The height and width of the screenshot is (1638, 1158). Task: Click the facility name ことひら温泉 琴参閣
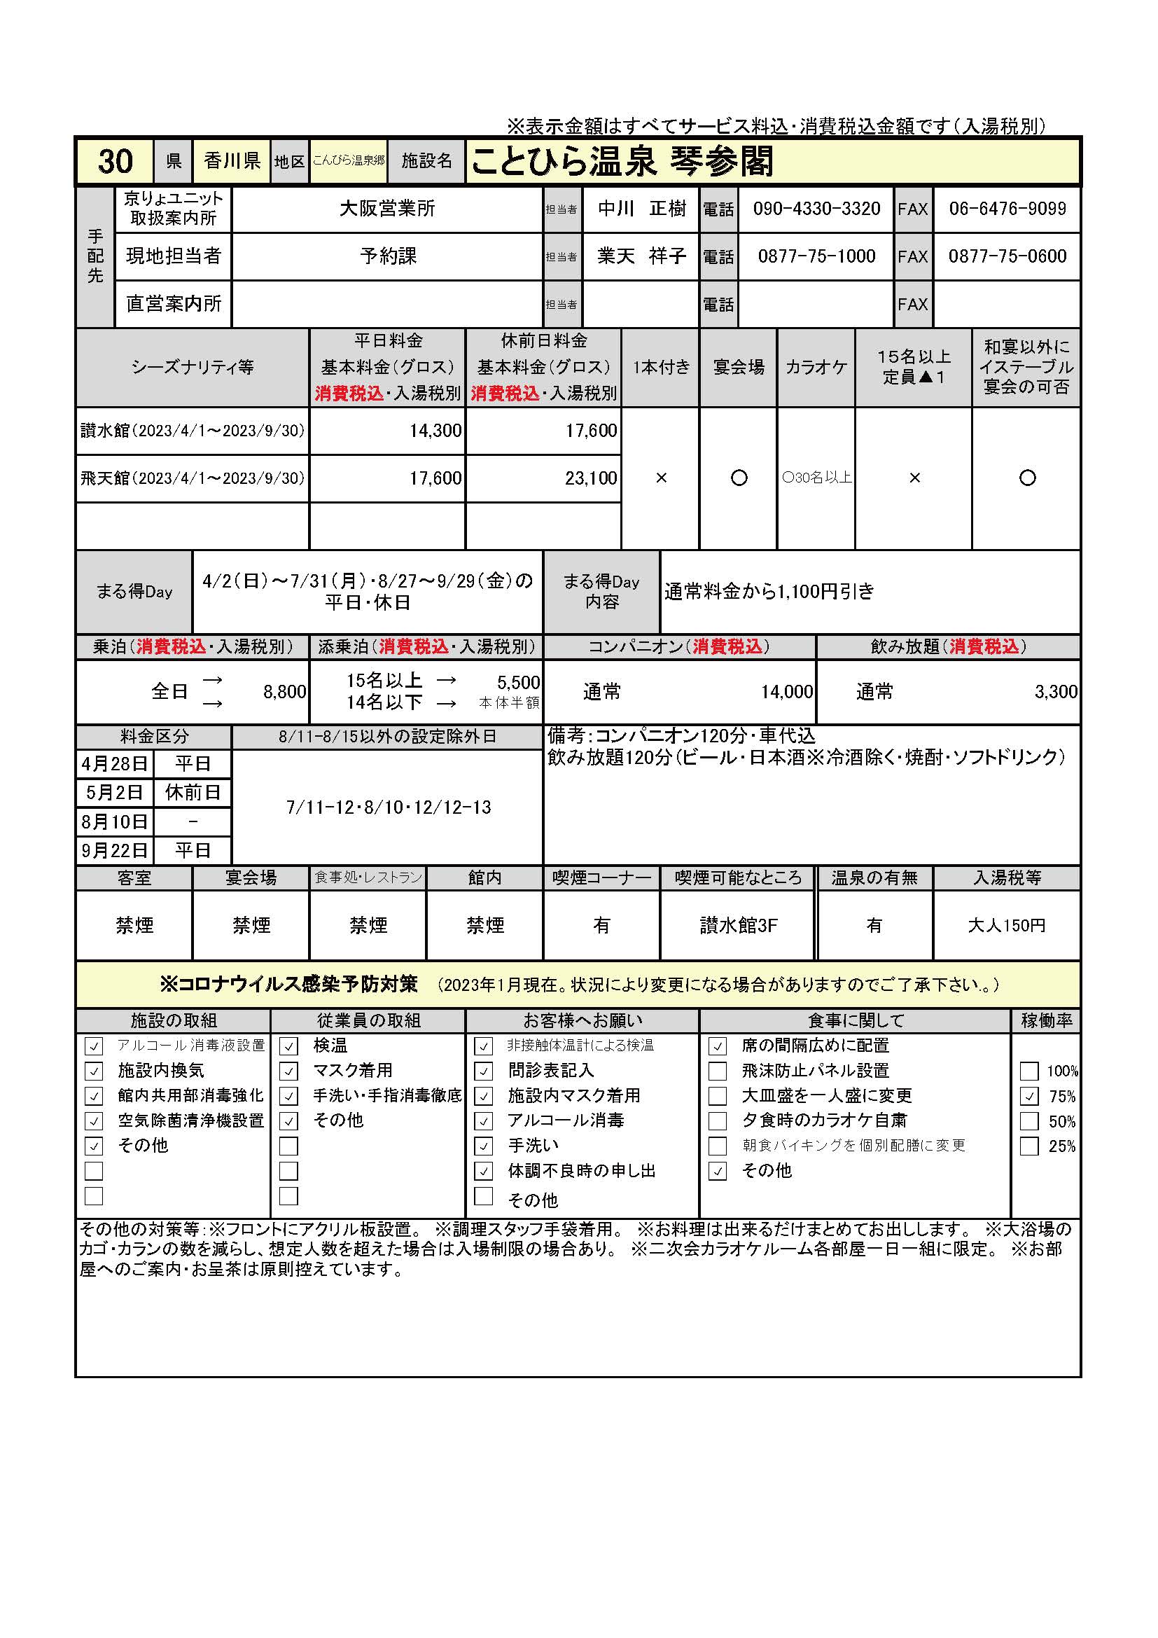(622, 161)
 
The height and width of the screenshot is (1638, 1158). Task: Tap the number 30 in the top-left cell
(115, 161)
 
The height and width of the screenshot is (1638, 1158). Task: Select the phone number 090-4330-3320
(816, 209)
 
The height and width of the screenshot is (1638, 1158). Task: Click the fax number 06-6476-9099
(1007, 209)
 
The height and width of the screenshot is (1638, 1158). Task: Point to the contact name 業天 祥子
(641, 256)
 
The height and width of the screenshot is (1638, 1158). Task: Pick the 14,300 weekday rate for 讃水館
(434, 431)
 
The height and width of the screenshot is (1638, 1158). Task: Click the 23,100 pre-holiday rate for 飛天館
(590, 478)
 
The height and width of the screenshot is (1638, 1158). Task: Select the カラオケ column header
(816, 368)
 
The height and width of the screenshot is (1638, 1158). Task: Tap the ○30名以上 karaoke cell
(816, 478)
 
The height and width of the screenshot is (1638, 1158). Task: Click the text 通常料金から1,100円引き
(769, 592)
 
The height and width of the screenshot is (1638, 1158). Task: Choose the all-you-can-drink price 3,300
(1055, 692)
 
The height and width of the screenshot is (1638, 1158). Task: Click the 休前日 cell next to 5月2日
(193, 793)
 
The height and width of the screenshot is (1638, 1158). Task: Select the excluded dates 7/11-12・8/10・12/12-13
(388, 807)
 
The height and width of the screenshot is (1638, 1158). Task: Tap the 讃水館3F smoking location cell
(737, 926)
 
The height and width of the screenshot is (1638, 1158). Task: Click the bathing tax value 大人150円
(1006, 926)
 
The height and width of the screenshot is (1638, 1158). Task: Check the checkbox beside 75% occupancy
(1028, 1097)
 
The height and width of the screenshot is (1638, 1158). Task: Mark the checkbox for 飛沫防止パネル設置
(718, 1071)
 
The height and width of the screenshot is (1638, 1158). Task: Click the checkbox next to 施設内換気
(93, 1071)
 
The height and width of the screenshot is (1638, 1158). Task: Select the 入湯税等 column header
(1006, 878)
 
